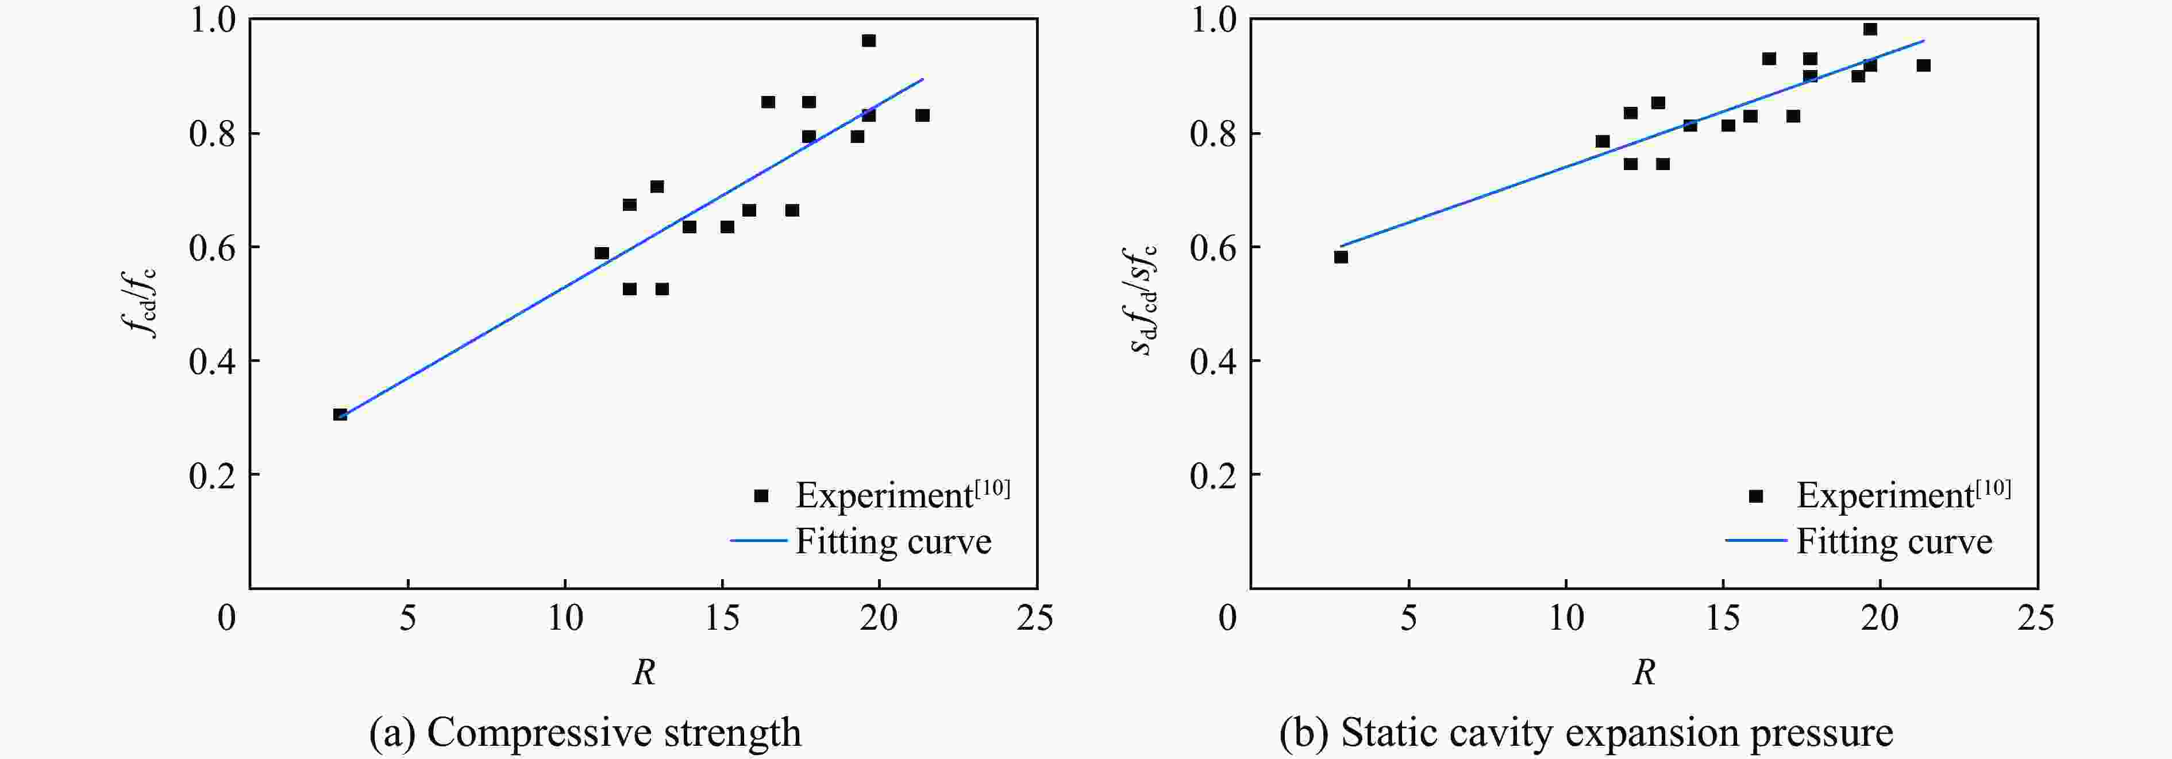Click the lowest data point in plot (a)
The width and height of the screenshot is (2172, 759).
(340, 414)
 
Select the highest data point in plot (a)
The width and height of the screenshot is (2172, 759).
(868, 40)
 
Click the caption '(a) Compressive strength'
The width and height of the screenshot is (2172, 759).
(585, 732)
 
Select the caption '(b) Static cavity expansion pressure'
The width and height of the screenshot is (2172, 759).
(1586, 732)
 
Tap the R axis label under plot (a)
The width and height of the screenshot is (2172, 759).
(644, 672)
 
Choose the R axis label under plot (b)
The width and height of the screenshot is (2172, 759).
(1644, 672)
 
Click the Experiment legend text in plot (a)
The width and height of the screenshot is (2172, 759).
(902, 495)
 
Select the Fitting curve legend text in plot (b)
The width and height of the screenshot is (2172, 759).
(1894, 541)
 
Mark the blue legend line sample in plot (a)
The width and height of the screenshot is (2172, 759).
(758, 541)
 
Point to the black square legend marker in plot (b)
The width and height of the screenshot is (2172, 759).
(1755, 496)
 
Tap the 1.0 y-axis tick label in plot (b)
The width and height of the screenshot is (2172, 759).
(1212, 20)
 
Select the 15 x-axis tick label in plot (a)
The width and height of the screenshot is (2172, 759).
(721, 618)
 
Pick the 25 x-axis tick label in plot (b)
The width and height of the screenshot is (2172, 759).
(2035, 618)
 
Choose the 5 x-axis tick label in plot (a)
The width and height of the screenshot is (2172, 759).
(407, 618)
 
